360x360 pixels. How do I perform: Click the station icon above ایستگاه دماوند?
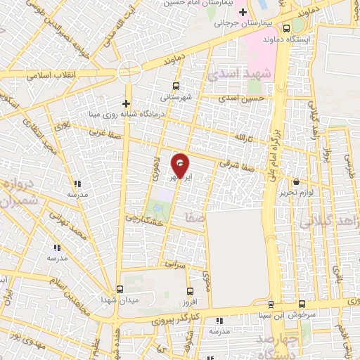tap(286, 28)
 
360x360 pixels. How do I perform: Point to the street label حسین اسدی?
tap(242, 98)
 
